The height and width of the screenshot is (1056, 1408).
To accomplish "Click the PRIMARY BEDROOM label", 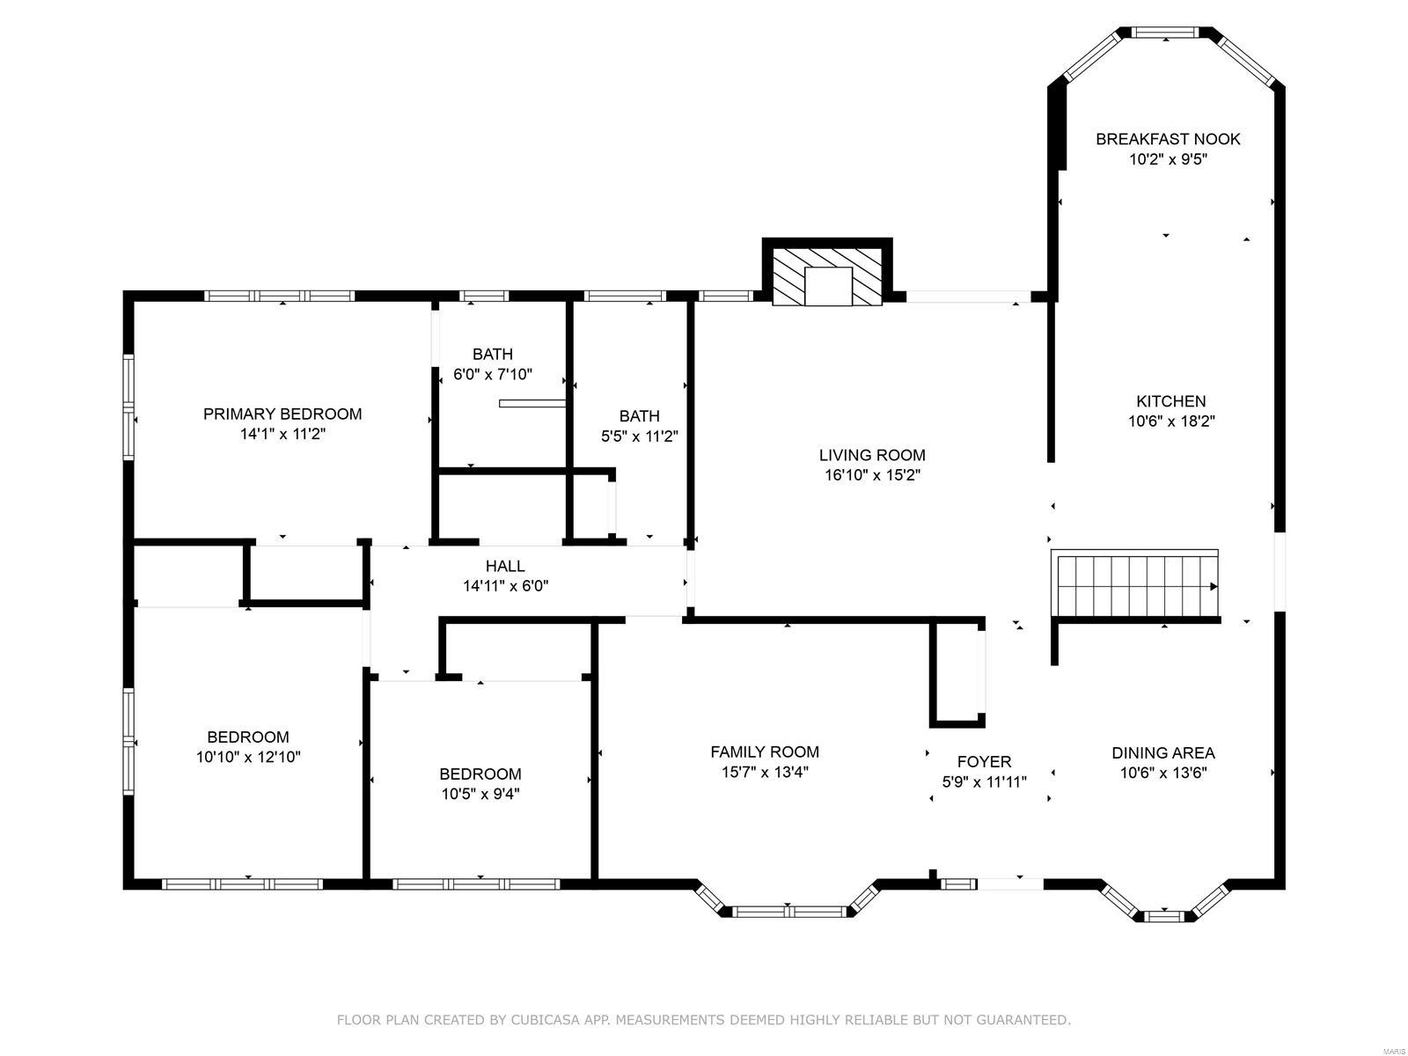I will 282,414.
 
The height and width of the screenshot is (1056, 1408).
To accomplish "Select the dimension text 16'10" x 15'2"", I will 871,475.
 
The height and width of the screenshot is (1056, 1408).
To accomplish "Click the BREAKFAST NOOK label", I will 1168,139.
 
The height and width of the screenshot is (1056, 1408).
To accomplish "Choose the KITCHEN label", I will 1170,401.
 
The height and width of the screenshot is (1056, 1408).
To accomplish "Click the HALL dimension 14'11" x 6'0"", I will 505,586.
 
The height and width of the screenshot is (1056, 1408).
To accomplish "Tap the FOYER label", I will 984,761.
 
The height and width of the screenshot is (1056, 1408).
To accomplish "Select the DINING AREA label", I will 1163,752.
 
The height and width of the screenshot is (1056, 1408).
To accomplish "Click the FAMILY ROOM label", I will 765,752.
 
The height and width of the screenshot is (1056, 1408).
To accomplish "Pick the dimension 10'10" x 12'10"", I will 248,757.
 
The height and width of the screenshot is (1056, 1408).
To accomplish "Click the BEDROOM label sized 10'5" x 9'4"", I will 480,774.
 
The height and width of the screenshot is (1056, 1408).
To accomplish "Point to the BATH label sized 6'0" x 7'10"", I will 492,354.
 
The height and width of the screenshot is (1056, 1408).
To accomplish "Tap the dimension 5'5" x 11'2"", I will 639,436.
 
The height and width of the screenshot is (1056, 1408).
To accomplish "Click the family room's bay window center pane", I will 788,912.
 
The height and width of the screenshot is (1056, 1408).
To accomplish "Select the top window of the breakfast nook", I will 1165,33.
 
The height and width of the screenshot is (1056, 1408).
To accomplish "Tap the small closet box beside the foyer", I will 957,673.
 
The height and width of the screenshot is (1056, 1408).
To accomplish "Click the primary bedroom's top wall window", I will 280,296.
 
